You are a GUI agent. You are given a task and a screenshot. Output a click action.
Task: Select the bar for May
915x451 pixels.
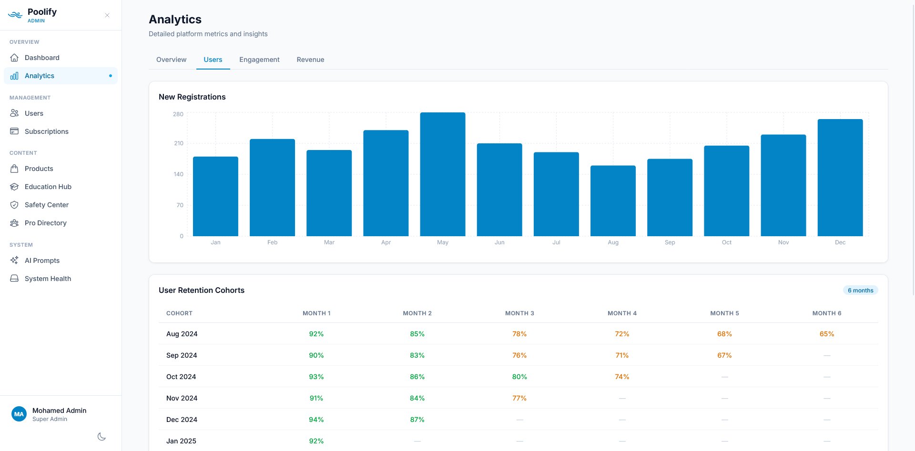tap(442, 174)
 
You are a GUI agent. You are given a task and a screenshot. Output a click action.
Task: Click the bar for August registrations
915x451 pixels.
tap(613, 201)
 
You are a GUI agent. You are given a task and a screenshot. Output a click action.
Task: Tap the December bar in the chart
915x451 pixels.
tap(840, 178)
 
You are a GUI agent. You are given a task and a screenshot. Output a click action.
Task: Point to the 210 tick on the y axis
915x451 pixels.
tap(178, 143)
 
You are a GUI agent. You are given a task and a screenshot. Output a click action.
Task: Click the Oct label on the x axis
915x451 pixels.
tap(726, 242)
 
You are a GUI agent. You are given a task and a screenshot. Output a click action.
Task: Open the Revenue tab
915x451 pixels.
tap(310, 60)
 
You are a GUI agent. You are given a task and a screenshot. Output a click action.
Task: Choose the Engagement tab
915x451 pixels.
tap(259, 60)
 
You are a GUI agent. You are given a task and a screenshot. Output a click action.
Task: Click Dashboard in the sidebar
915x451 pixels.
tap(42, 58)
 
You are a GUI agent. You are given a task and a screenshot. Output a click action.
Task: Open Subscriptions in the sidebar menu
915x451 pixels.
tap(46, 131)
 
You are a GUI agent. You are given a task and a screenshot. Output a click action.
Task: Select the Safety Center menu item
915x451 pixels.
tap(46, 205)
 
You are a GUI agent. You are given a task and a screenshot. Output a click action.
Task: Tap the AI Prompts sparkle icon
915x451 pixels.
tap(14, 261)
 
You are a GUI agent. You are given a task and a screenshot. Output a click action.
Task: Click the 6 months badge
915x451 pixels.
tap(860, 291)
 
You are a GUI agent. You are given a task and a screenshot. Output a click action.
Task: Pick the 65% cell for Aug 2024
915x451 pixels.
tap(826, 334)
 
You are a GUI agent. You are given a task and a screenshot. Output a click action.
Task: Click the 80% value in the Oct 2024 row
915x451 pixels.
tap(519, 377)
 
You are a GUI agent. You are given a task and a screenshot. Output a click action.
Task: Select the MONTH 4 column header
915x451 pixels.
tap(621, 313)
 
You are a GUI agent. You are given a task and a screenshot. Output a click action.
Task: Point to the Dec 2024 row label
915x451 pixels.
tap(182, 420)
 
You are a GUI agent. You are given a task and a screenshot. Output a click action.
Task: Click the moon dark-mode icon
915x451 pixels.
tap(102, 437)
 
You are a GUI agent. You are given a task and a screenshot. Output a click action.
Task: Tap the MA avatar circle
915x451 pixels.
tap(19, 414)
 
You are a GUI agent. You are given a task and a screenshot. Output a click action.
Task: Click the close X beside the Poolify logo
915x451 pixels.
tap(107, 15)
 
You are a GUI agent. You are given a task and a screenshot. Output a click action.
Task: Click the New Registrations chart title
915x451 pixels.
tap(192, 97)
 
